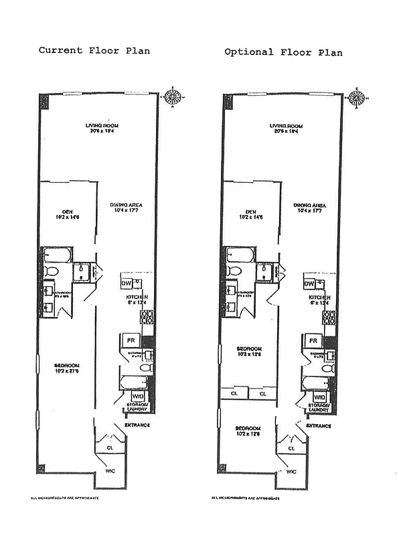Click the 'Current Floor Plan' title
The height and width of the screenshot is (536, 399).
tap(94, 50)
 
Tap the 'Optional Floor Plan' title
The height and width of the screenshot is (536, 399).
tap(283, 52)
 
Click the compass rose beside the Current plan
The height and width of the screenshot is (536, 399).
tap(173, 96)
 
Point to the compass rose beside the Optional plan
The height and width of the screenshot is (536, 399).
tap(356, 98)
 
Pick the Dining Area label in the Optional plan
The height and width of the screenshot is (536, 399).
tap(309, 208)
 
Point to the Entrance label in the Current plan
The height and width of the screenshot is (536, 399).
tap(137, 425)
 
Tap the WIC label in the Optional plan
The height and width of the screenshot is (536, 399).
tap(291, 472)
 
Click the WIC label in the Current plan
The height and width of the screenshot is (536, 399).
tap(110, 471)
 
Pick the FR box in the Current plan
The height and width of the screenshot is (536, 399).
tap(132, 340)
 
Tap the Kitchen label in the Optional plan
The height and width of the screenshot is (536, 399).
tap(319, 299)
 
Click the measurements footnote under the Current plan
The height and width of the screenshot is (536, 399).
tap(68, 498)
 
